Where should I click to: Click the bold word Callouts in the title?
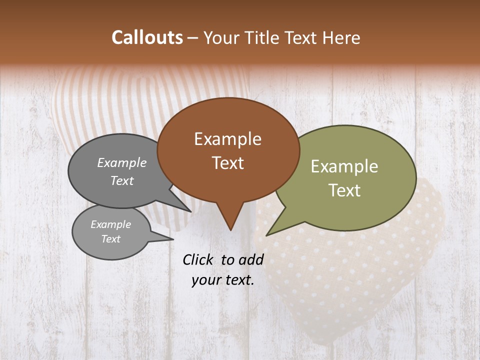tap(147, 37)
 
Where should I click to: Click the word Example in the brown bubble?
tap(227, 139)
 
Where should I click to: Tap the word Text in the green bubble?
tap(344, 190)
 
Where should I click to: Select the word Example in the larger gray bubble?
tap(122, 163)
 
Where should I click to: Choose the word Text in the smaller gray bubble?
tap(111, 239)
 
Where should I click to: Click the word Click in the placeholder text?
tap(198, 259)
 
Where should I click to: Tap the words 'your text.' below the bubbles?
tap(223, 280)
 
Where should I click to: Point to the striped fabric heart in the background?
tap(100, 100)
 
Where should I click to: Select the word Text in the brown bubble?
tap(228, 163)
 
